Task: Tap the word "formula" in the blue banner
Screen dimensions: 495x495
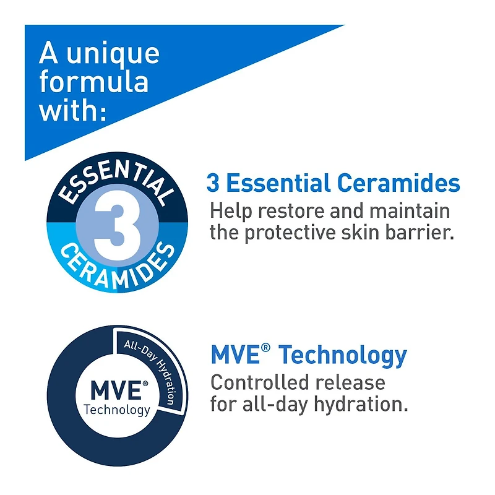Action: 93,82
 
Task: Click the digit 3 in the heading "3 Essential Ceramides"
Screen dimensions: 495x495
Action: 213,184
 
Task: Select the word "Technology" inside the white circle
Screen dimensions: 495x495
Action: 117,410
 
